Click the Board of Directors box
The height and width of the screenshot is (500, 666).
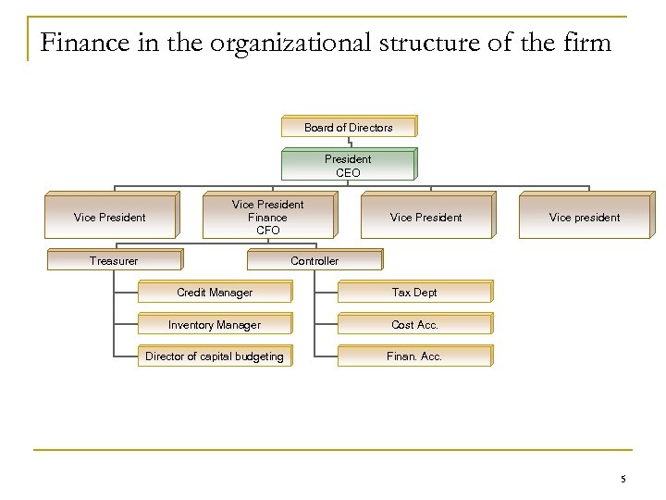pos(349,127)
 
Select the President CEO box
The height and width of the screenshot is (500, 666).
pos(349,166)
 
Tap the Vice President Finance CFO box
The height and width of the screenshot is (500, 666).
pos(268,218)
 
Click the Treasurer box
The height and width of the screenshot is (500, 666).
pos(114,261)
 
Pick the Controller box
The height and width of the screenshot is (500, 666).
pos(314,261)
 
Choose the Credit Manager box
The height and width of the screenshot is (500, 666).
pos(215,293)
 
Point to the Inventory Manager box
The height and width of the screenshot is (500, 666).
pos(215,325)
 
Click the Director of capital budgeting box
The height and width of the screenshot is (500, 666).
pos(215,356)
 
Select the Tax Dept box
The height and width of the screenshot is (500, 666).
pos(414,293)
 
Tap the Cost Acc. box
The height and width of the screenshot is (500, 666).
pos(414,325)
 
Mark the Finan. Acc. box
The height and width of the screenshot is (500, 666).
pos(414,356)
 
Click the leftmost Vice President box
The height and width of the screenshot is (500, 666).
pos(110,218)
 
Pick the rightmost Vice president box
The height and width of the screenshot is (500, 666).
pos(585,218)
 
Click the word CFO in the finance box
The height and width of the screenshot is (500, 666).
pos(268,231)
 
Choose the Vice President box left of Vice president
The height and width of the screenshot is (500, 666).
pos(426,218)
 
